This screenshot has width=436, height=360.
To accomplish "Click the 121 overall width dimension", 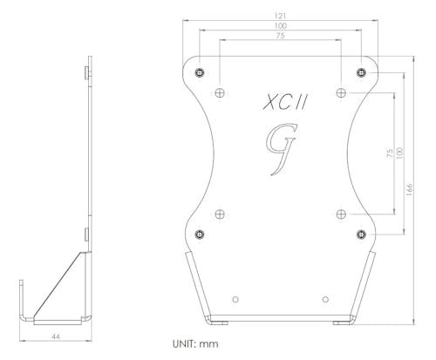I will (280, 16).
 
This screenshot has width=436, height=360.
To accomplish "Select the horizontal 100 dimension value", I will (280, 27).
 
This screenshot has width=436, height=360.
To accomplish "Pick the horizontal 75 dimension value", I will (280, 37).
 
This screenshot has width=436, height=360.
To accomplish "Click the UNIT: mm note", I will (198, 343).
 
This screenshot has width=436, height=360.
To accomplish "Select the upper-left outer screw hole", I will (201, 71).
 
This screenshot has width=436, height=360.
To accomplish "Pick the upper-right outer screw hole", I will (360, 71).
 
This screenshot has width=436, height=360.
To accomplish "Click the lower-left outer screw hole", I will (201, 233).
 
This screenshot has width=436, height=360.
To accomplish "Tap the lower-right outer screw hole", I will (360, 233).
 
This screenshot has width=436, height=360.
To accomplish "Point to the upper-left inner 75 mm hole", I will (221, 92).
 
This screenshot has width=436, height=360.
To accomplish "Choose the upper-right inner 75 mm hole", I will (341, 92).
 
